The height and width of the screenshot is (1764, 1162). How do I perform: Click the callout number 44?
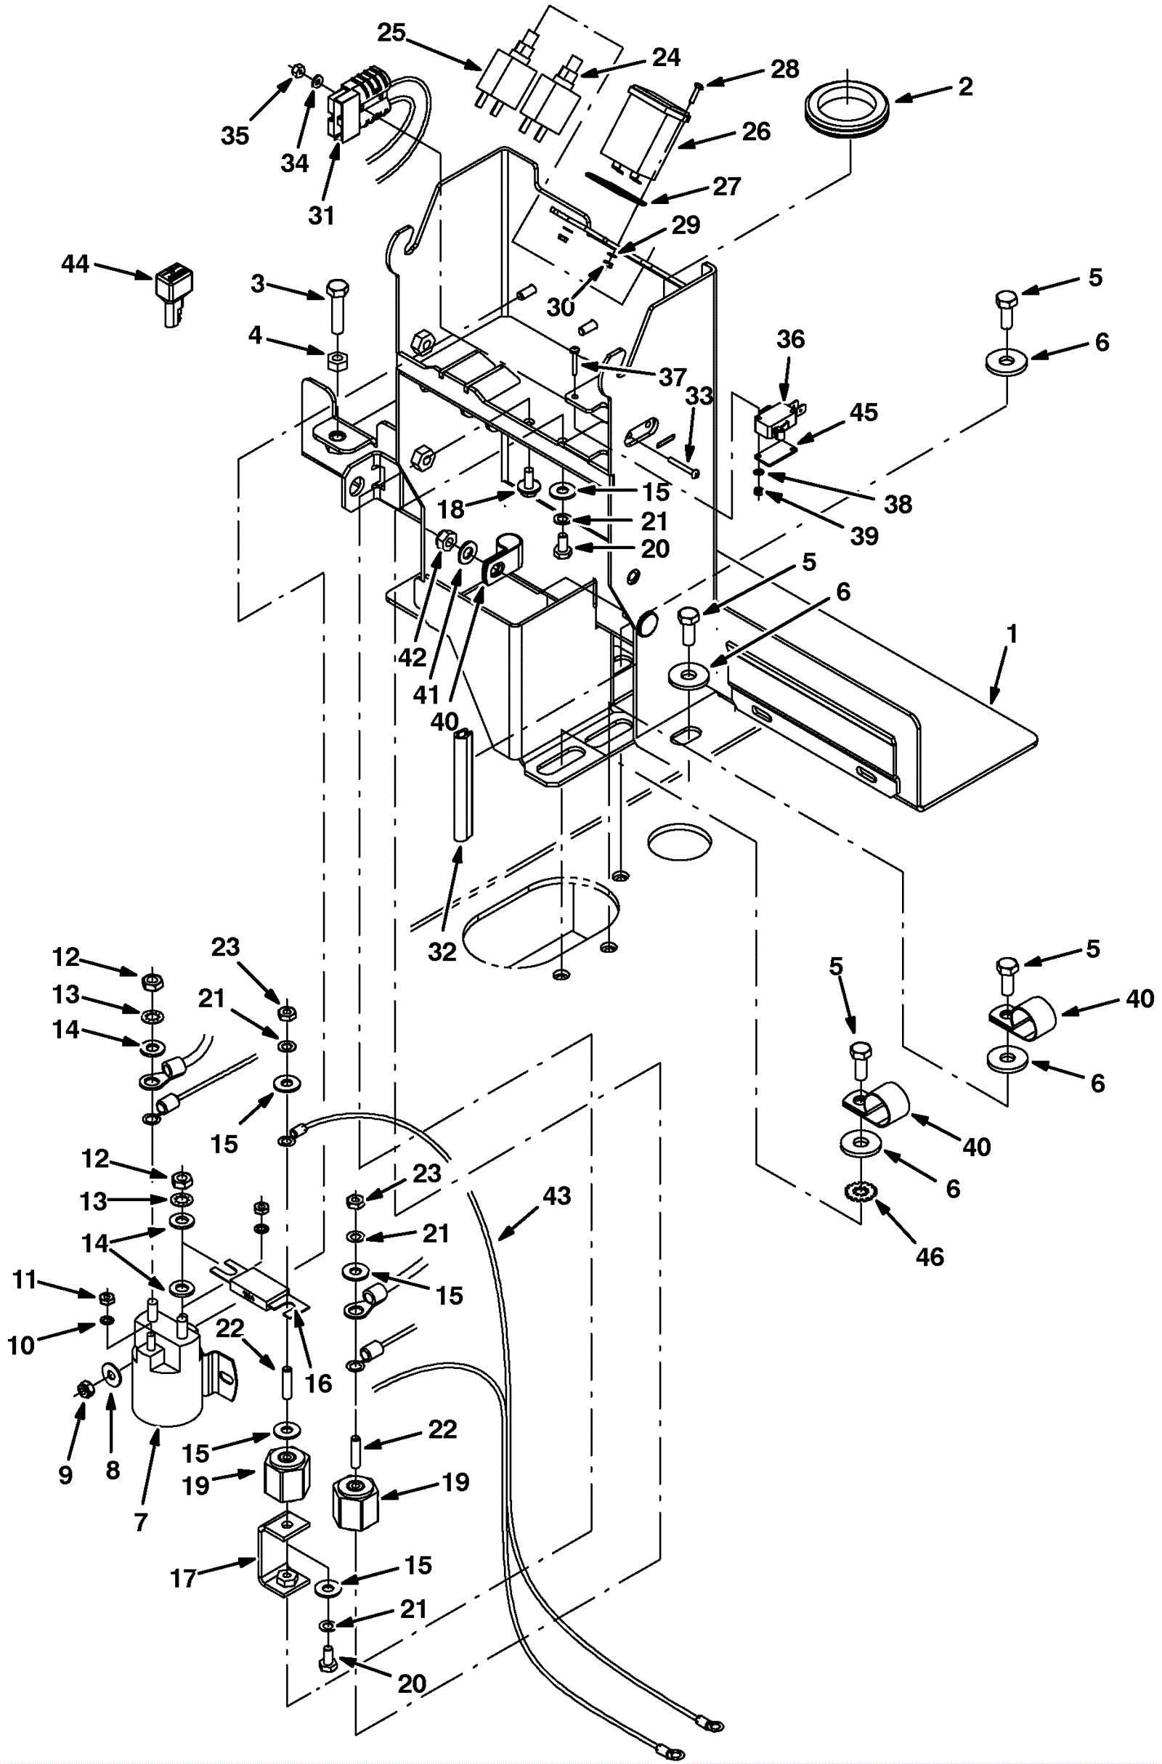(75, 264)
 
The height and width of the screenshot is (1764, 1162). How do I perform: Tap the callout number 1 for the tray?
(1012, 635)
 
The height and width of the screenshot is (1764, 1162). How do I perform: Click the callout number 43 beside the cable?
(556, 1195)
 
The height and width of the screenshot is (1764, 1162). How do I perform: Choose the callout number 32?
(442, 951)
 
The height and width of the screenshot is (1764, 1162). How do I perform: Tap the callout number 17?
(183, 1579)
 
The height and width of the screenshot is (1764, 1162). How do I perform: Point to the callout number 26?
(756, 131)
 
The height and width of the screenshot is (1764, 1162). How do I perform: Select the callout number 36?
(790, 339)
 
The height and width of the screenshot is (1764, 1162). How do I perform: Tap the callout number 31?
(322, 216)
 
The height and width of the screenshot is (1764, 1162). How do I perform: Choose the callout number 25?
(392, 33)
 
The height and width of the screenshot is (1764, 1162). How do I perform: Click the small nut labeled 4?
(337, 361)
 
